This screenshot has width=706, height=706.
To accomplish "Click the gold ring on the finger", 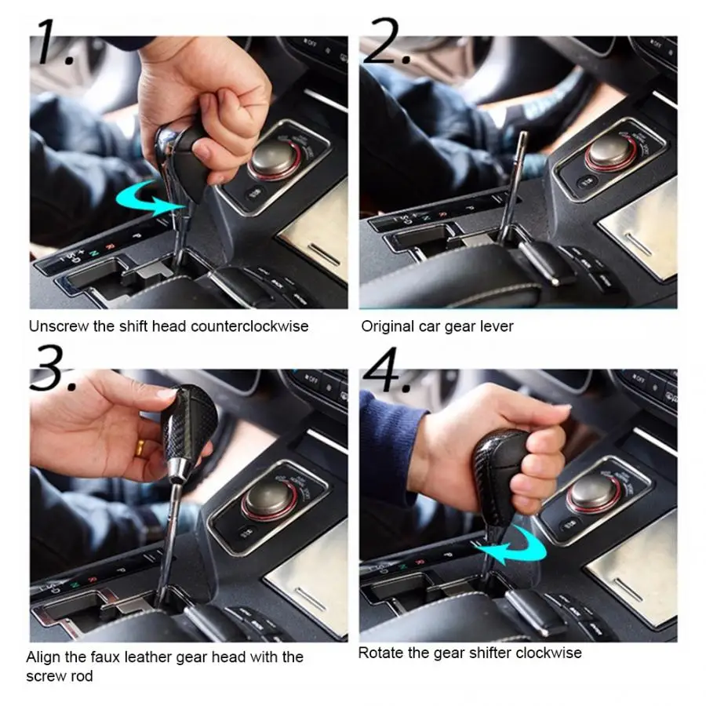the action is click(x=140, y=447).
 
